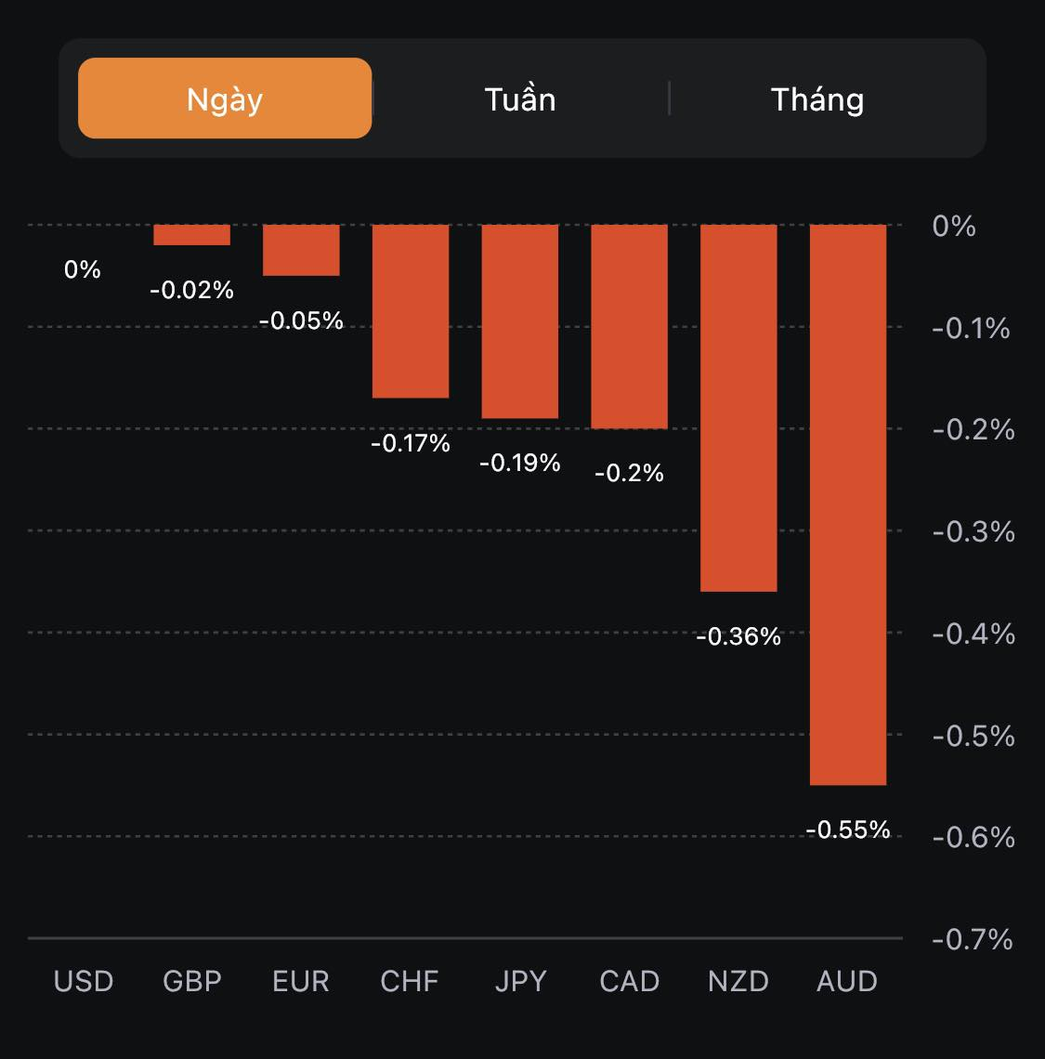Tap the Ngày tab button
pyautogui.click(x=225, y=98)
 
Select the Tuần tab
pyautogui.click(x=520, y=99)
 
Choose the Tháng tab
pyautogui.click(x=817, y=99)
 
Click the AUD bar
pyautogui.click(x=848, y=504)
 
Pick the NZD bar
pyautogui.click(x=738, y=408)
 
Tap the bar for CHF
pyautogui.click(x=411, y=311)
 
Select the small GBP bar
pyautogui.click(x=192, y=235)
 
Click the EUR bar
pyautogui.click(x=301, y=250)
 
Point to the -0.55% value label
pyautogui.click(x=848, y=830)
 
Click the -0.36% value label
pyautogui.click(x=738, y=636)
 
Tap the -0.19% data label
pyautogui.click(x=520, y=463)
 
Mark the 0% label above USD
pyautogui.click(x=83, y=269)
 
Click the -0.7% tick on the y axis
pyautogui.click(x=972, y=939)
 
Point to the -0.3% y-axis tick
pyautogui.click(x=972, y=531)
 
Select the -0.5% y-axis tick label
pyautogui.click(x=972, y=736)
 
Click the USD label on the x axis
pyautogui.click(x=84, y=981)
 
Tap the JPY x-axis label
pyautogui.click(x=520, y=981)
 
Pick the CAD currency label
pyautogui.click(x=630, y=981)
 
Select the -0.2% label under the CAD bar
pyautogui.click(x=630, y=473)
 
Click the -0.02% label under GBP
pyautogui.click(x=192, y=290)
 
